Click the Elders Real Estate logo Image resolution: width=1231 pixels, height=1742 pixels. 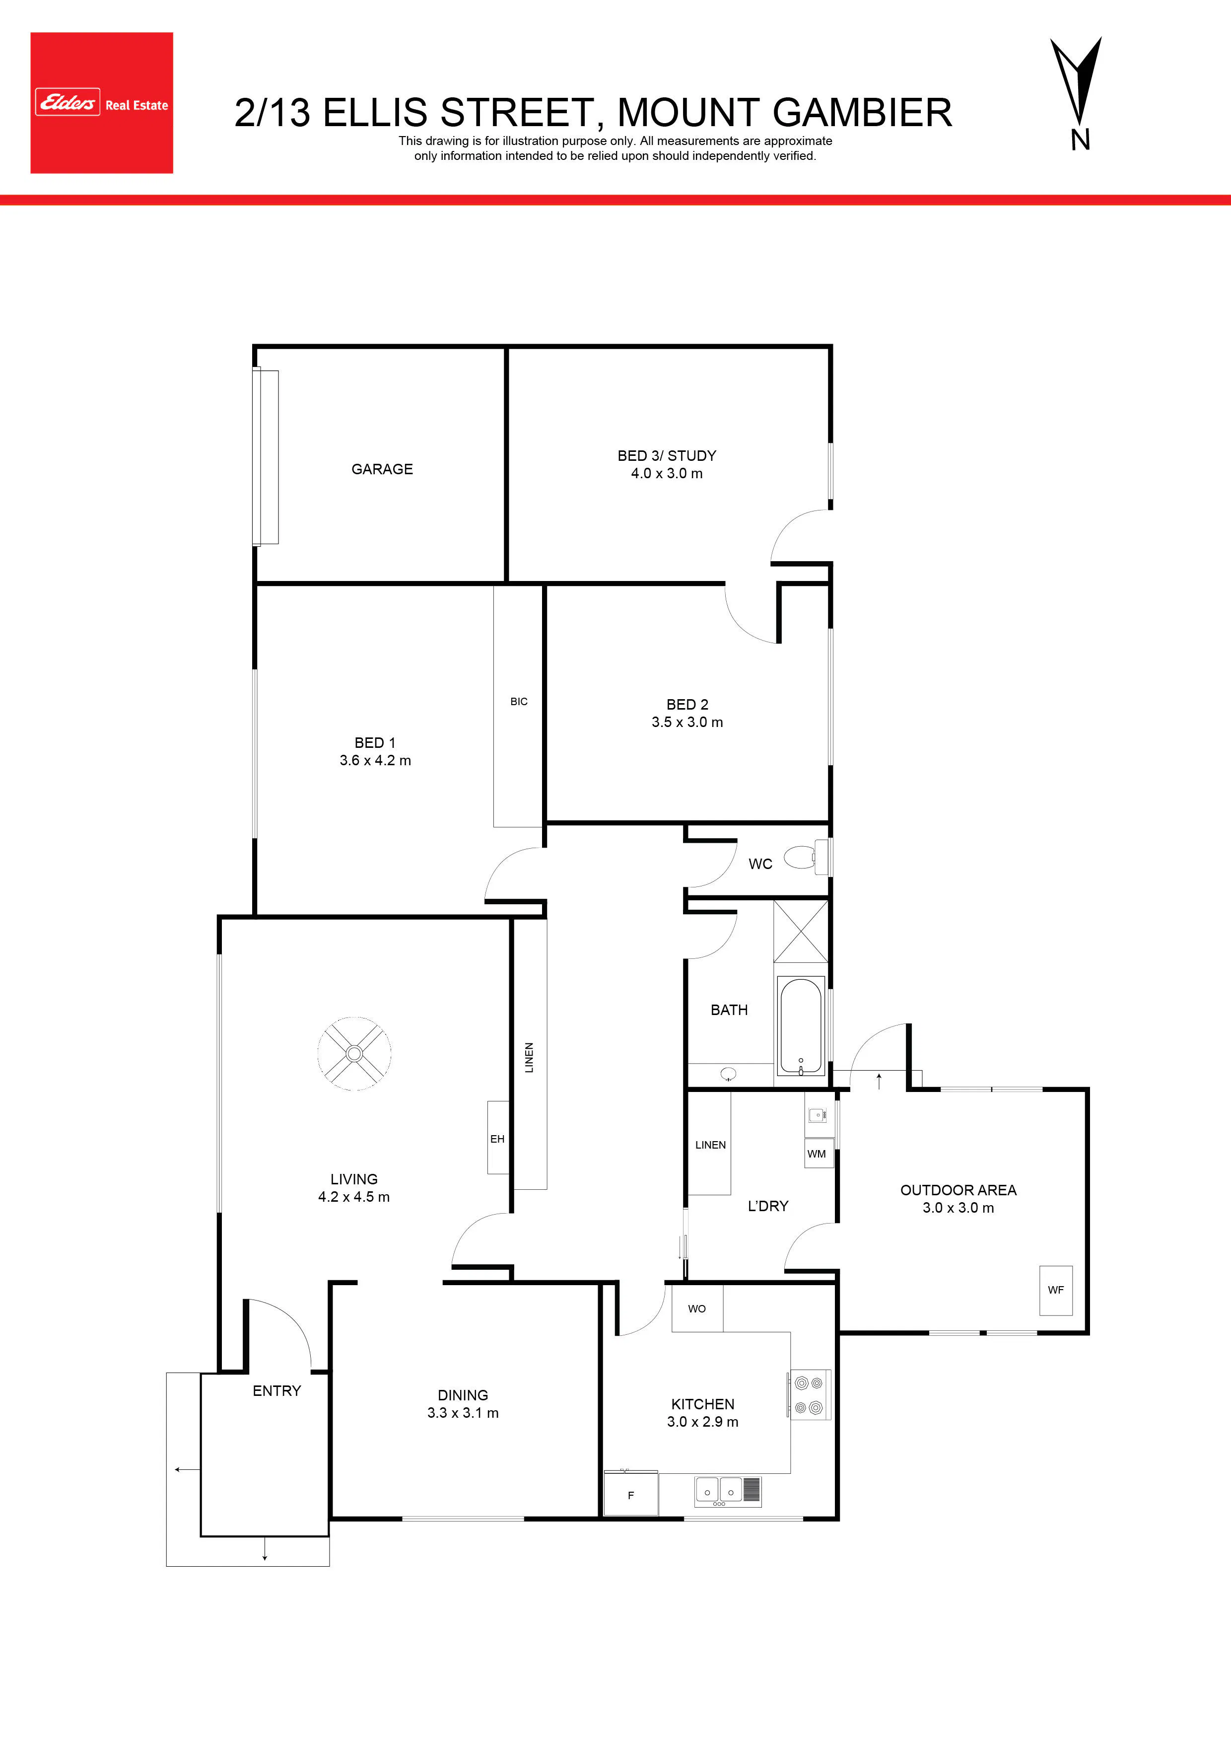[102, 102]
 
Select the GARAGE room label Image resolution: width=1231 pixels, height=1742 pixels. [382, 469]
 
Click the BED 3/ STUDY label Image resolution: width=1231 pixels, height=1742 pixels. [667, 455]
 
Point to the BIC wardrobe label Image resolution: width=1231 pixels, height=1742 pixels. [519, 702]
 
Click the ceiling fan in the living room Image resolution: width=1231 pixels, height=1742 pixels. [354, 1054]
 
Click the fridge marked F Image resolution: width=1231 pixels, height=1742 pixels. [631, 1494]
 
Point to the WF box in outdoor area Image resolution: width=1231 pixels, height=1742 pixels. [1056, 1290]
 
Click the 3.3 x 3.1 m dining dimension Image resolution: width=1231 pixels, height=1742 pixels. [463, 1413]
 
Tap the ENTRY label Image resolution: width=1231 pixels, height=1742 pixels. [277, 1391]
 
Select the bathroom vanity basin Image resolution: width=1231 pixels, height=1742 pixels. [728, 1073]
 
